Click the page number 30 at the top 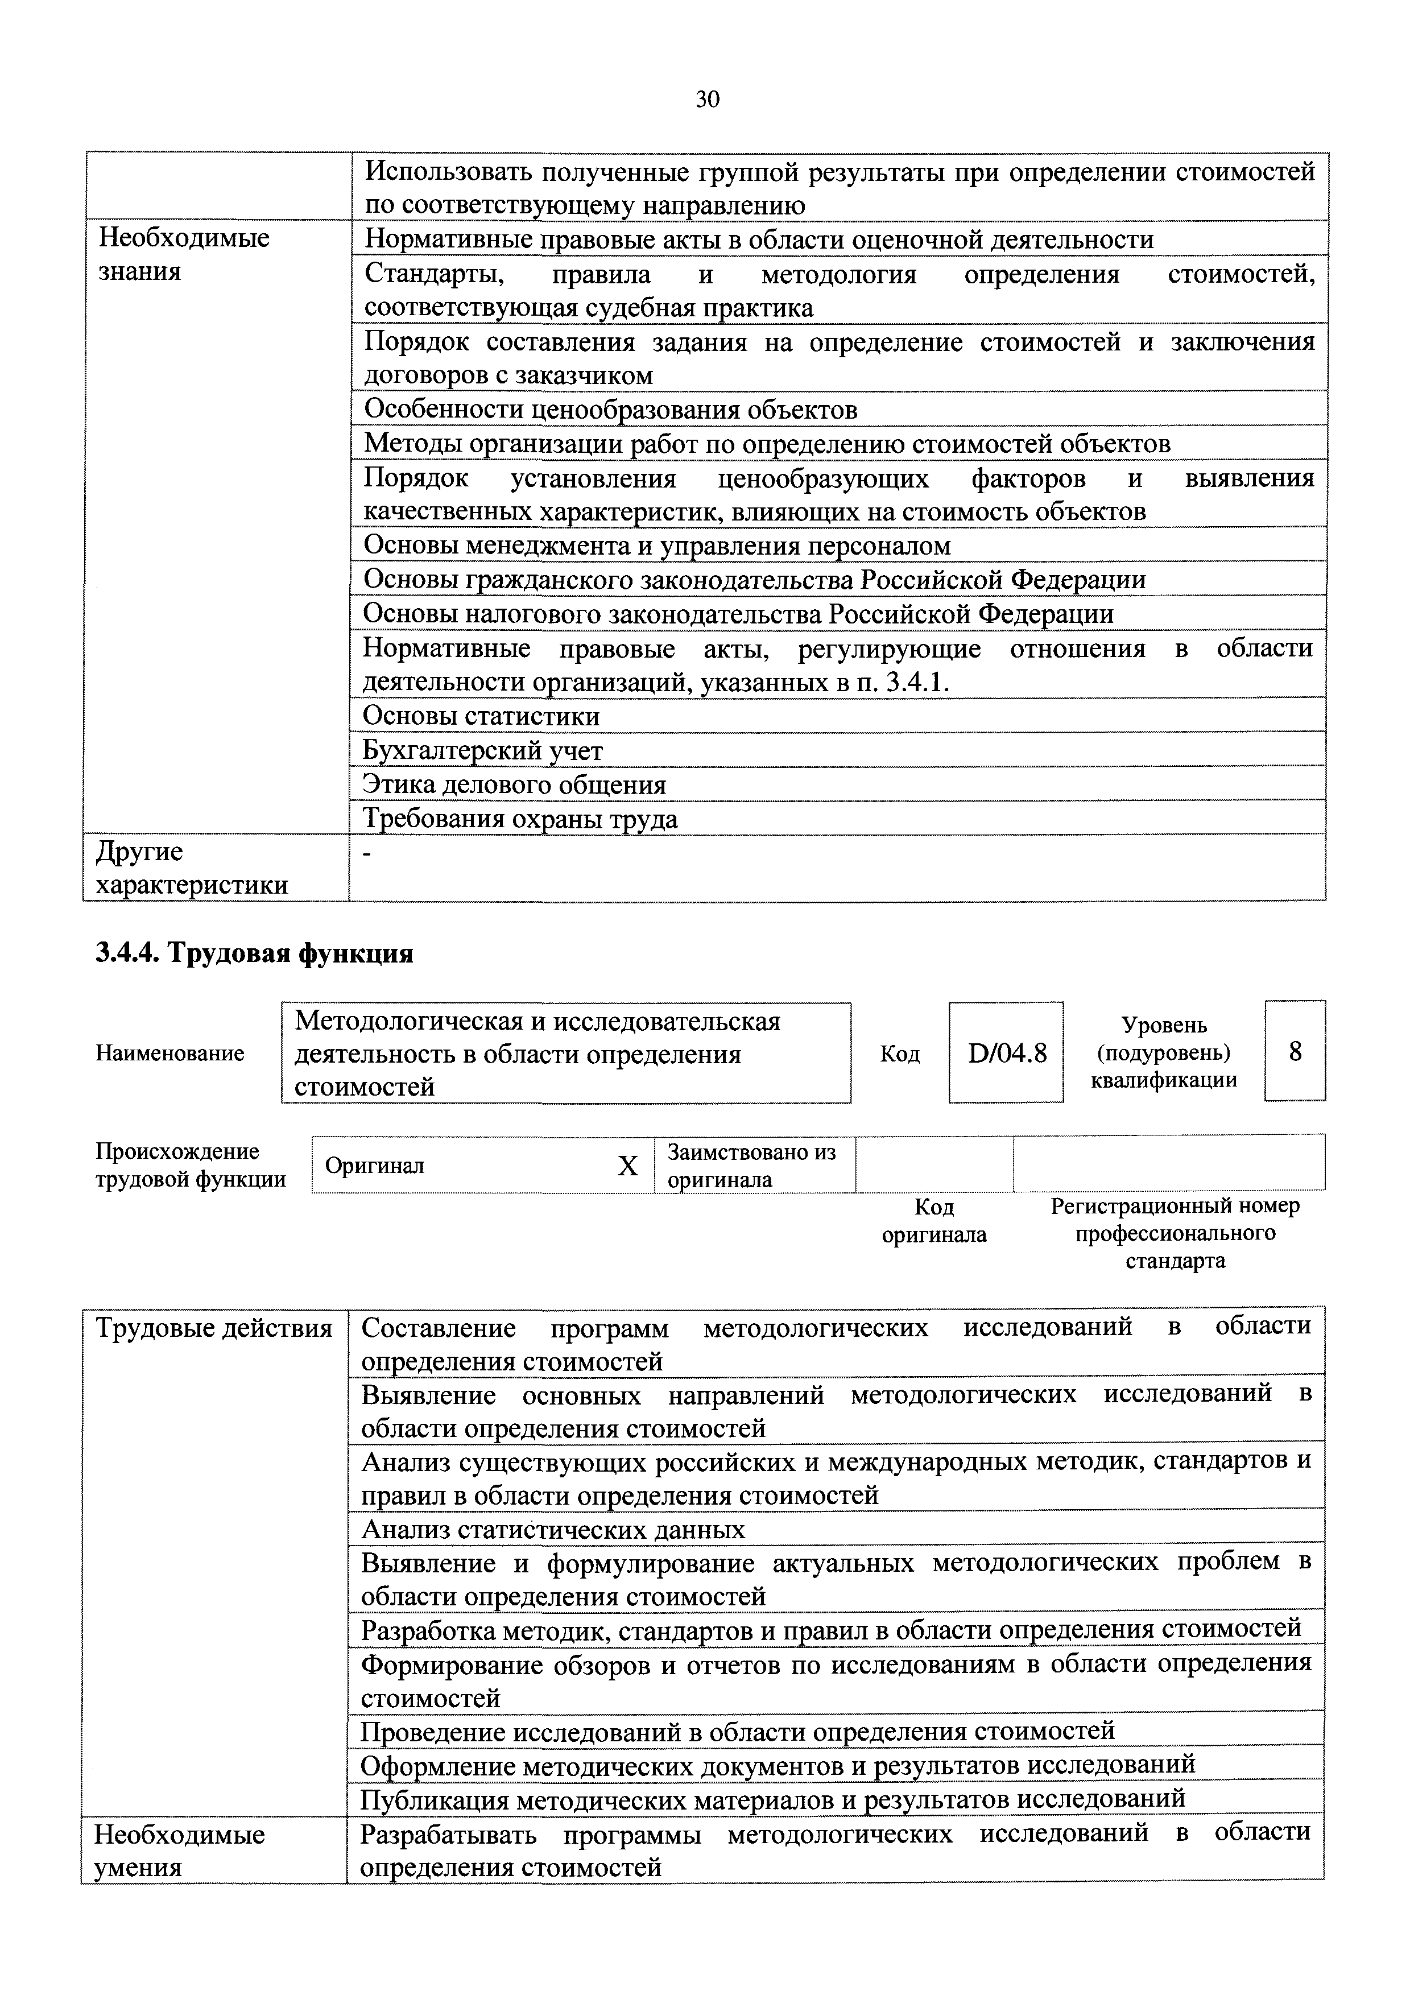coord(707,101)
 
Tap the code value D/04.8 coord(1006,1052)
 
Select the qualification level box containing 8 coord(1295,1051)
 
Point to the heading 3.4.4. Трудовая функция coord(254,954)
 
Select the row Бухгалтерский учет coord(482,751)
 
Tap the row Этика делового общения coord(514,784)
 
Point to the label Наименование coord(170,1053)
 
